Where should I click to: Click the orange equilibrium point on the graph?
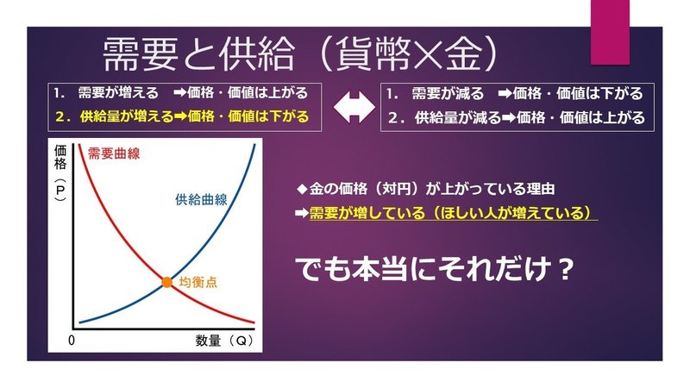click(x=166, y=282)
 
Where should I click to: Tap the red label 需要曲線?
click(x=114, y=153)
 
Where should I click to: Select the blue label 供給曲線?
click(x=201, y=199)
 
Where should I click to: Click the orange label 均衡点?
click(x=198, y=282)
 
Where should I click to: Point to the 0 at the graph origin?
click(x=72, y=340)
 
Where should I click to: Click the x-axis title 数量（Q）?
click(x=224, y=341)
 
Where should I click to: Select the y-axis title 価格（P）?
click(x=60, y=173)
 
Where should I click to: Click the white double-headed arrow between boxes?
click(x=354, y=107)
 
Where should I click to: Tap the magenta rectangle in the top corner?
click(x=610, y=32)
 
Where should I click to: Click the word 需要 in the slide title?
click(x=141, y=54)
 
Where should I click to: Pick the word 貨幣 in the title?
click(x=373, y=54)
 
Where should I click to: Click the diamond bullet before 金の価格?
click(x=302, y=189)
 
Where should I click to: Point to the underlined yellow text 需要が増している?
click(x=367, y=213)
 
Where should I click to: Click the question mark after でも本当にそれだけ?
click(x=563, y=269)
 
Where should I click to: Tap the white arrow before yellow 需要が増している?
click(x=301, y=213)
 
